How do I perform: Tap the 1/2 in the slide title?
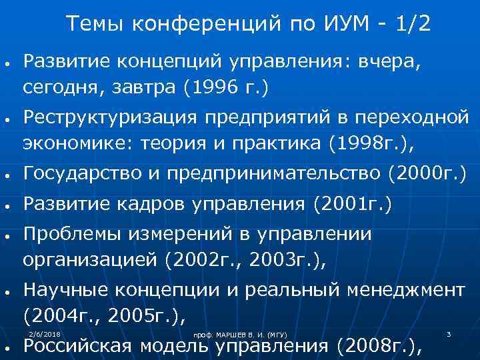click(x=413, y=25)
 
